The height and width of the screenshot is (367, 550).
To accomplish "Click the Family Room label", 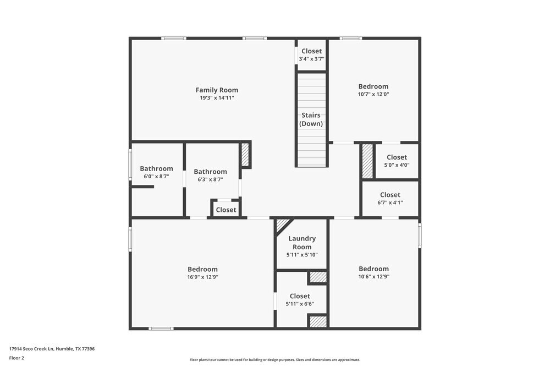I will pyautogui.click(x=217, y=90).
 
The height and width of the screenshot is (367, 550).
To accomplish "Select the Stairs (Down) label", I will pyautogui.click(x=311, y=119).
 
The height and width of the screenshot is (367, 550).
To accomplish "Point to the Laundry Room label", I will pyautogui.click(x=302, y=243).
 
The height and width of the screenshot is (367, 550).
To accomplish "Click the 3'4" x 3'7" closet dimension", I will pyautogui.click(x=311, y=59).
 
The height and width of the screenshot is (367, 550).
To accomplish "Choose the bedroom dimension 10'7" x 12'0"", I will pyautogui.click(x=373, y=94).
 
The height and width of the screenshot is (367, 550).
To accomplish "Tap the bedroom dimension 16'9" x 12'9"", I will pyautogui.click(x=202, y=277).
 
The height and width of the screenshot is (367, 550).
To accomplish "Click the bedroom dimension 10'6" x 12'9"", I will pyautogui.click(x=373, y=277).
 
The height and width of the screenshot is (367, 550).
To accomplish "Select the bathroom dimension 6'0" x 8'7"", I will pyautogui.click(x=156, y=177).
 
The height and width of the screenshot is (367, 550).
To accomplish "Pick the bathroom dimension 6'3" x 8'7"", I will pyautogui.click(x=210, y=179).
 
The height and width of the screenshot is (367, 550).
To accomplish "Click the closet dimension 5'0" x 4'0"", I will pyautogui.click(x=397, y=165).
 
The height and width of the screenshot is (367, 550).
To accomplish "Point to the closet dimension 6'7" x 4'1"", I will pyautogui.click(x=390, y=202).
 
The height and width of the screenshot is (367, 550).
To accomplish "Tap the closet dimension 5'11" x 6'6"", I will pyautogui.click(x=300, y=304).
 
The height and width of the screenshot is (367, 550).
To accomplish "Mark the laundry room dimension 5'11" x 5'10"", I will pyautogui.click(x=302, y=255).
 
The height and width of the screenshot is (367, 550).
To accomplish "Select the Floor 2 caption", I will pyautogui.click(x=16, y=358).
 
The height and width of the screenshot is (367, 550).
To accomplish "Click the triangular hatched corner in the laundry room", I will pyautogui.click(x=282, y=224).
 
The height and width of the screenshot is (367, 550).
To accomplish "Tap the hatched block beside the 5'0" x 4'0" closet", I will pyautogui.click(x=367, y=161).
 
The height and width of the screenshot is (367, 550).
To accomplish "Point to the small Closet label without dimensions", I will pyautogui.click(x=226, y=210).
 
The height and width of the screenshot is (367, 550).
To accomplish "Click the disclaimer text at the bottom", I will pyautogui.click(x=275, y=359).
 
